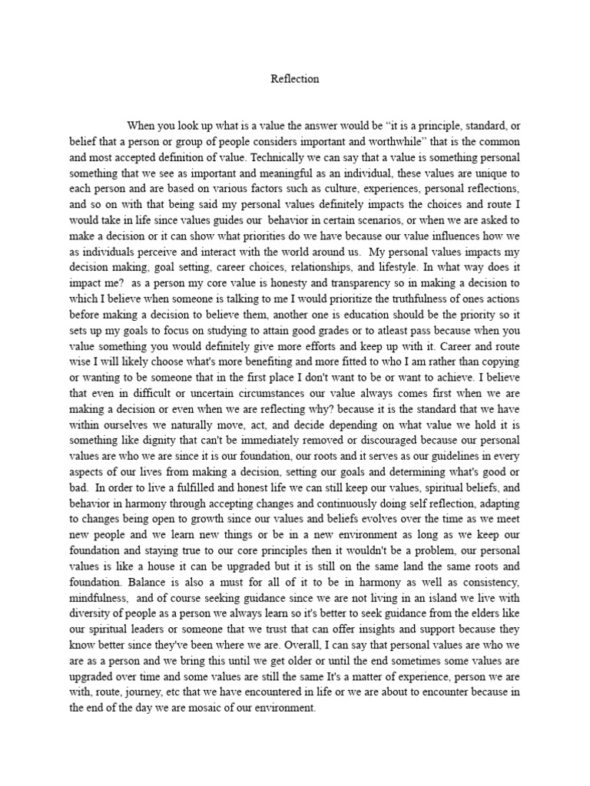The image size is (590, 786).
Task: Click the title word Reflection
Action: click(295, 78)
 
